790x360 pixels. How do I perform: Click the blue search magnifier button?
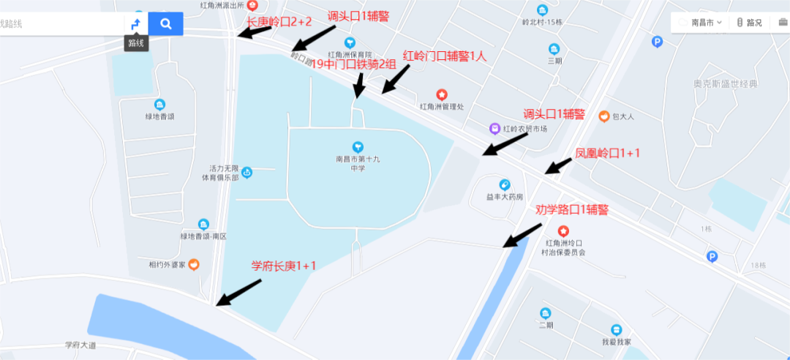pos(166,24)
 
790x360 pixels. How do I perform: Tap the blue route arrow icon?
pos(135,24)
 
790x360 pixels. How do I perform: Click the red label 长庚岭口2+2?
pos(279,23)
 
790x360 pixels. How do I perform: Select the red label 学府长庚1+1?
pos(283,266)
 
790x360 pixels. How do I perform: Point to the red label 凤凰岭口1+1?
pos(607,154)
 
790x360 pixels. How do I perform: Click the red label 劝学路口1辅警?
pos(572,210)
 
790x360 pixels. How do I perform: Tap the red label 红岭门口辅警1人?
pos(445,56)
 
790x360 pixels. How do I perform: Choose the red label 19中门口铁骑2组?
pos(354,64)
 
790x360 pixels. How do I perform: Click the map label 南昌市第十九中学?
pos(357,162)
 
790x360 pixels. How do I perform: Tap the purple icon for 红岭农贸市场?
pos(495,128)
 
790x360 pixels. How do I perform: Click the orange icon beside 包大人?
pos(604,116)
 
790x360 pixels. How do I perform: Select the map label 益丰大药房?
pos(505,197)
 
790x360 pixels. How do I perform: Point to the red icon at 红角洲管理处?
pos(442,95)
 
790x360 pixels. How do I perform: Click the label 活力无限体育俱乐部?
pos(224,173)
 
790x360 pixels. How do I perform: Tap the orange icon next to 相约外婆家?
pos(193,264)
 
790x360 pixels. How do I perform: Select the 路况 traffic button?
pos(749,23)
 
